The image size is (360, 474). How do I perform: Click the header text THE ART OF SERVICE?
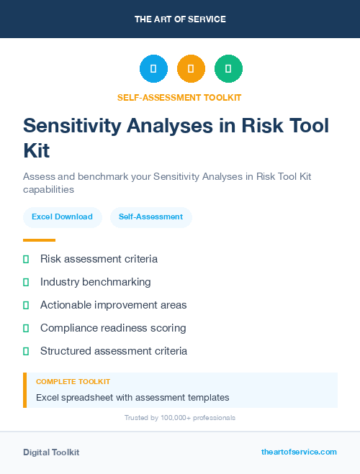(180, 19)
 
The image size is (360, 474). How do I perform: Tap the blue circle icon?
(153, 69)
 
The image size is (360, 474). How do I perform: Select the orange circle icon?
(191, 69)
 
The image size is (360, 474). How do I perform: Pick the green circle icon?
(228, 69)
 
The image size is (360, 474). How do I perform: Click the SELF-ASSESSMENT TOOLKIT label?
(179, 98)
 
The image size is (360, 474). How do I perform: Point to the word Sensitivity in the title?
(72, 125)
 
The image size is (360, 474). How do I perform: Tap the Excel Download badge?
(62, 217)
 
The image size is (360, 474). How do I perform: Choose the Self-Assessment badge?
(150, 217)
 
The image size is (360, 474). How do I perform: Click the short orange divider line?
(39, 240)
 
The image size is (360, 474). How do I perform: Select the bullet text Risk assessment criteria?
(99, 259)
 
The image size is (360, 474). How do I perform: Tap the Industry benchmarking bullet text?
(96, 282)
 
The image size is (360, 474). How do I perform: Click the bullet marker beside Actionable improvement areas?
(26, 305)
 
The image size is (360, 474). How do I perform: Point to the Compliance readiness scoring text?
(113, 328)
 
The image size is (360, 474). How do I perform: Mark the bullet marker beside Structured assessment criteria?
(26, 351)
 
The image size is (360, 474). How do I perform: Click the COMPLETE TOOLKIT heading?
(73, 382)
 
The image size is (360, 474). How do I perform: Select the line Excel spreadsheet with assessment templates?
(132, 397)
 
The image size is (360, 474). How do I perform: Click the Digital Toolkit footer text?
(51, 452)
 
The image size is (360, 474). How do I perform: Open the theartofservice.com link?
(299, 452)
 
